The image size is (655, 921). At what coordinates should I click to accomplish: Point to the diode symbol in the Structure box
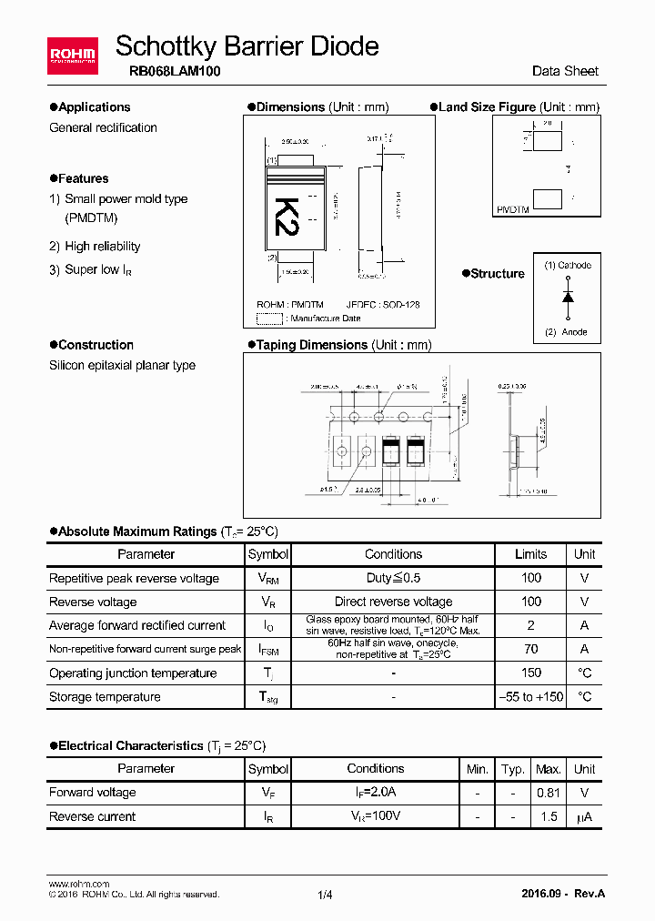pyautogui.click(x=568, y=298)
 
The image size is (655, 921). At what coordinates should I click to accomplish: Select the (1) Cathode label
pyautogui.click(x=568, y=266)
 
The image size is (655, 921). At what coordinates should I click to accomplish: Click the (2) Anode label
pyautogui.click(x=566, y=332)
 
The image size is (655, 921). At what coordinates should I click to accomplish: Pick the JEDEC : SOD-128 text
pyautogui.click(x=383, y=306)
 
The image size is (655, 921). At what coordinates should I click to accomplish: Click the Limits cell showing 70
pyautogui.click(x=530, y=649)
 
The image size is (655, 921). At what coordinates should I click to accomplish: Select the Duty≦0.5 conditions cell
pyautogui.click(x=393, y=578)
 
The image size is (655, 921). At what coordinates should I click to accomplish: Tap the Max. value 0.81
pyautogui.click(x=548, y=793)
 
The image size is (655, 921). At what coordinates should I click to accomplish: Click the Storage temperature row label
pyautogui.click(x=105, y=697)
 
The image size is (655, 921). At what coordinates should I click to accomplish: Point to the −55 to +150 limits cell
pyautogui.click(x=530, y=697)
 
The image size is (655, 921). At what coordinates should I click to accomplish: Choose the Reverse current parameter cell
pyautogui.click(x=93, y=816)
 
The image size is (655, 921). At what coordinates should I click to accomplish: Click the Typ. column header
pyautogui.click(x=513, y=769)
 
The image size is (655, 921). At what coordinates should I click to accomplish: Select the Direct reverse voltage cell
pyautogui.click(x=393, y=602)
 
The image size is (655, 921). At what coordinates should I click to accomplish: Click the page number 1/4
pyautogui.click(x=326, y=895)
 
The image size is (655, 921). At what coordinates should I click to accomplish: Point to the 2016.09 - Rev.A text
pyautogui.click(x=563, y=894)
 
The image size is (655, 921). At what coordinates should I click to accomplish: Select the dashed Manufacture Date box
pyautogui.click(x=269, y=319)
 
